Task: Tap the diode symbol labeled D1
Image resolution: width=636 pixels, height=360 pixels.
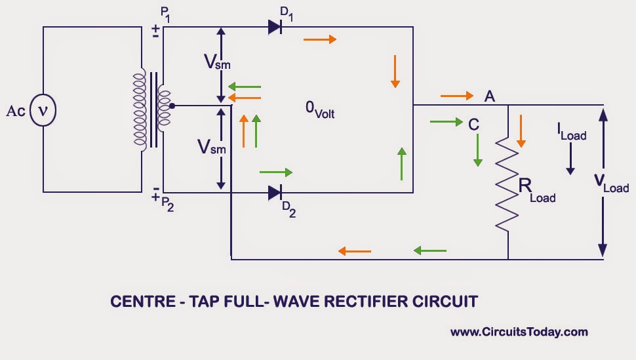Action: pos(275,28)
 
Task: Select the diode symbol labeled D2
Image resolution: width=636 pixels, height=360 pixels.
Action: pos(275,193)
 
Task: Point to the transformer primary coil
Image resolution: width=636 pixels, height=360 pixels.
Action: pos(139,109)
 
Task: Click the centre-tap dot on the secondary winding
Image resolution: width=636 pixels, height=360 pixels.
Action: pos(172,106)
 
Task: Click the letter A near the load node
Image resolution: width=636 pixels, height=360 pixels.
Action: pos(489,96)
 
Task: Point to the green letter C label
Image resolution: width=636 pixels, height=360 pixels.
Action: pos(473,123)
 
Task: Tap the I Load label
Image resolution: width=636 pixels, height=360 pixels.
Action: pos(571,133)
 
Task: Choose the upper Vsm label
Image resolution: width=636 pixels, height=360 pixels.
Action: pos(217,62)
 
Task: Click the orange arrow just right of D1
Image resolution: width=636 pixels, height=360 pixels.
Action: pos(319,39)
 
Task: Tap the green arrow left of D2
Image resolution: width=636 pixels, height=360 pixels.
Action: pos(276,172)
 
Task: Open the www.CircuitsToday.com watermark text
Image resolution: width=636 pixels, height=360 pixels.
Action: pos(519,332)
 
